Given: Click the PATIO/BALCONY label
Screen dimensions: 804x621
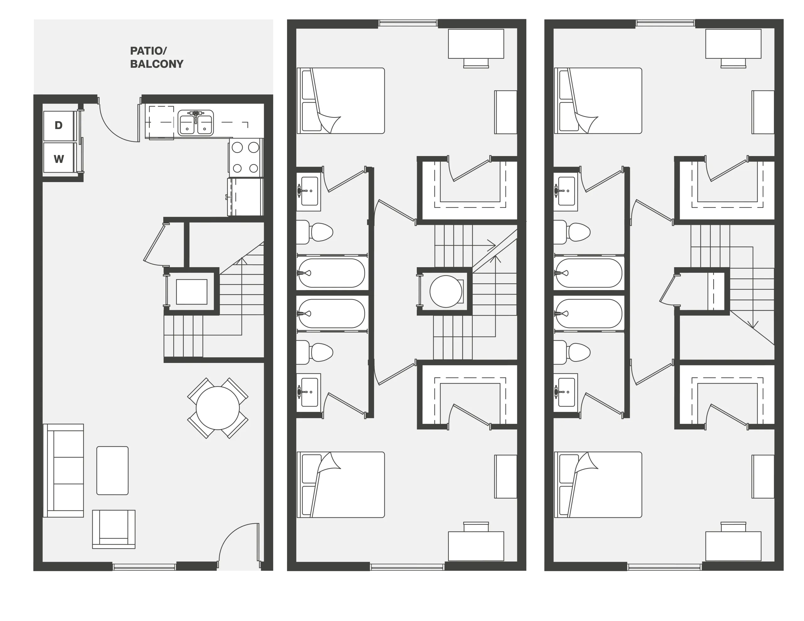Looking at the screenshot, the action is click(156, 57).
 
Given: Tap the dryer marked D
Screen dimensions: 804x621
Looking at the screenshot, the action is click(58, 126).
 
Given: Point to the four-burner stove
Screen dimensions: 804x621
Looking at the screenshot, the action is click(246, 158).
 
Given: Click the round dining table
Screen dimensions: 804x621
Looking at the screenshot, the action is click(218, 408).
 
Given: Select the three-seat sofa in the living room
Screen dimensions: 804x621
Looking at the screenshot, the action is click(63, 470).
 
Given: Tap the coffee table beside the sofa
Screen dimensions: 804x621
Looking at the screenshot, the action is click(112, 470).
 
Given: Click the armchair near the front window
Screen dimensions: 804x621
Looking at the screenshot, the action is click(114, 529).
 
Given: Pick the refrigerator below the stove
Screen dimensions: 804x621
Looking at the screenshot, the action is click(246, 197).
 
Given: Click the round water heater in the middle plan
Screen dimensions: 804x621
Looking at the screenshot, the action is click(446, 291).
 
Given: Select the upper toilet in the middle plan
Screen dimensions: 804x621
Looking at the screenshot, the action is click(314, 232).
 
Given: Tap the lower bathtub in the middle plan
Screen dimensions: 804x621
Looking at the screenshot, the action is click(331, 313).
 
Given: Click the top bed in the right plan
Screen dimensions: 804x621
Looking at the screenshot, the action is click(598, 100).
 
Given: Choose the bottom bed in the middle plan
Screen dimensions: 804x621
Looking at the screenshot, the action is click(340, 484).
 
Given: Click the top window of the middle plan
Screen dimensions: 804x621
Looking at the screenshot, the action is click(408, 23).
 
